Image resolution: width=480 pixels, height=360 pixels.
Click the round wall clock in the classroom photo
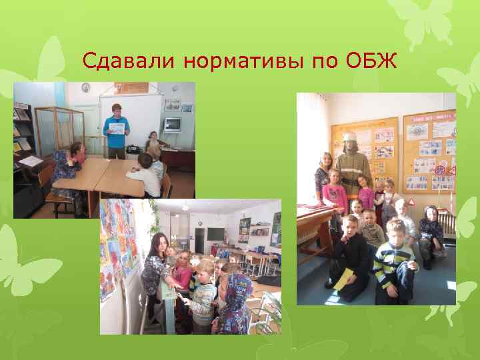86,88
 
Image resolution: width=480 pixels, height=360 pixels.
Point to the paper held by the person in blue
117,128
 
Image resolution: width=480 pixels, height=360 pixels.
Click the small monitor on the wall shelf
173,123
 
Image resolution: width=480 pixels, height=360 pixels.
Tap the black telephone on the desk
133,148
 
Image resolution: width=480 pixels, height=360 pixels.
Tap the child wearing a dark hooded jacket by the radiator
431,230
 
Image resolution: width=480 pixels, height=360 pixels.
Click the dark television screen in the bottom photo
215,235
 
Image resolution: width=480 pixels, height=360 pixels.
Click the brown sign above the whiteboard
131,87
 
